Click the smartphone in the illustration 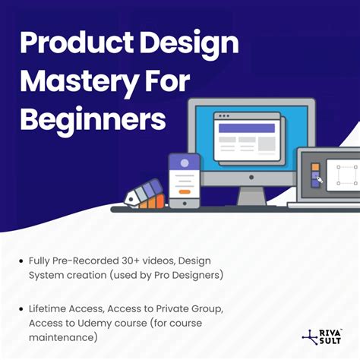click(x=183, y=179)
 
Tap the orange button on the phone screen click(x=183, y=191)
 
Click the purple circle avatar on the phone click(x=183, y=162)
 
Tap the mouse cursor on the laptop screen click(x=320, y=180)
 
